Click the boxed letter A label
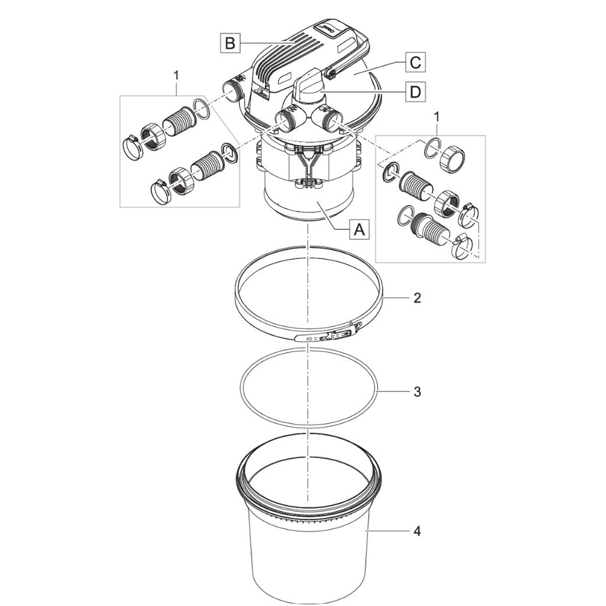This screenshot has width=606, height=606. pos(360,230)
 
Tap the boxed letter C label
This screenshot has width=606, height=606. pos(415,62)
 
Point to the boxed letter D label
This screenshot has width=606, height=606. pos(415,92)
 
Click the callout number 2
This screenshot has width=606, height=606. pos(416,298)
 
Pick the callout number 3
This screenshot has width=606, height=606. pos(416,392)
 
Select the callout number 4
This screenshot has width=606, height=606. pos(416,531)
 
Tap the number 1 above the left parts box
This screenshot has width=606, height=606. pos(177,75)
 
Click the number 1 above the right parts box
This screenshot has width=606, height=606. pos(437,116)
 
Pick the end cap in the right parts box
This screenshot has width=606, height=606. pos(453,157)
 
